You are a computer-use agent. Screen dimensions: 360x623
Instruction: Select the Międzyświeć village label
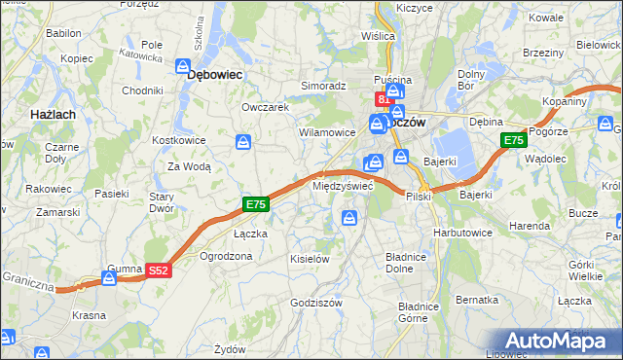343,185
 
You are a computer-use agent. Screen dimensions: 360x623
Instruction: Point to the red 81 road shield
385,98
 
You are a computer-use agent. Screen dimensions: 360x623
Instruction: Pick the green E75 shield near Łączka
255,204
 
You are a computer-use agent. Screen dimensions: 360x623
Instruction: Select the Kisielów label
311,259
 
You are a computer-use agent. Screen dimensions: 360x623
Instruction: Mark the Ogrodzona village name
226,256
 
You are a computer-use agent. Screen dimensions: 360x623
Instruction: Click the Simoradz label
323,86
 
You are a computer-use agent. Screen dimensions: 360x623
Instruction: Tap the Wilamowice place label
327,131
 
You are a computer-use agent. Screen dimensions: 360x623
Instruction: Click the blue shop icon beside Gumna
110,278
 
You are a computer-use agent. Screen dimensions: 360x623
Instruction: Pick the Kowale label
547,18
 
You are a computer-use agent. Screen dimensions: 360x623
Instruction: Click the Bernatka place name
476,300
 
